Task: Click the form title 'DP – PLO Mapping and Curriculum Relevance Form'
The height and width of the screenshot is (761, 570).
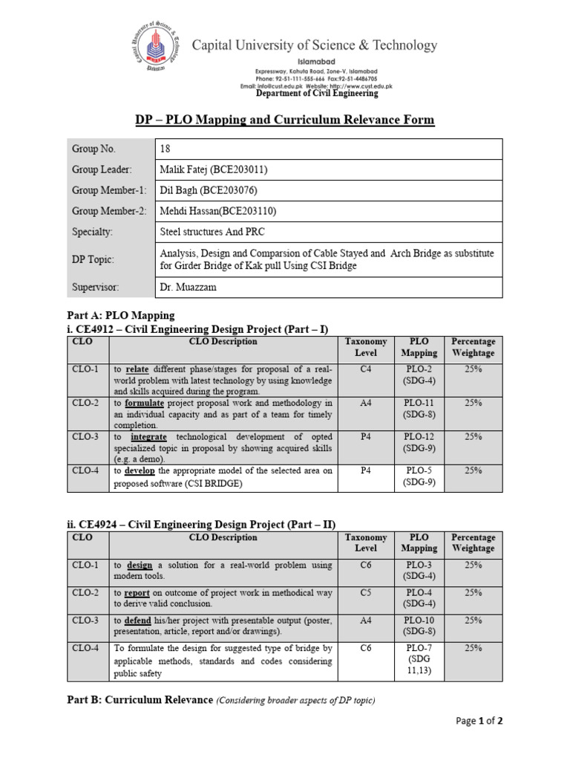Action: click(x=284, y=120)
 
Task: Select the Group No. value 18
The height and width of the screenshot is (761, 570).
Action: click(x=165, y=149)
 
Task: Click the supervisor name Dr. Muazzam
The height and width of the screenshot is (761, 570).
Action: click(x=188, y=287)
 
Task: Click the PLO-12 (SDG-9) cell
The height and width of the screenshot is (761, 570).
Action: click(x=419, y=443)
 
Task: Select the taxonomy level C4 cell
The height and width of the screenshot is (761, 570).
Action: click(x=366, y=369)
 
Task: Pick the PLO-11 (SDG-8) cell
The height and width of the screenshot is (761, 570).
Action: click(x=419, y=409)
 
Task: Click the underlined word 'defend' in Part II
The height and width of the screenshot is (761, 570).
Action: click(x=140, y=621)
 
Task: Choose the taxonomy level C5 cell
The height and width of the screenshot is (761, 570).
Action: click(x=366, y=593)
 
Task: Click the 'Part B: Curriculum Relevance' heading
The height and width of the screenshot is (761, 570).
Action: click(x=140, y=700)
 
